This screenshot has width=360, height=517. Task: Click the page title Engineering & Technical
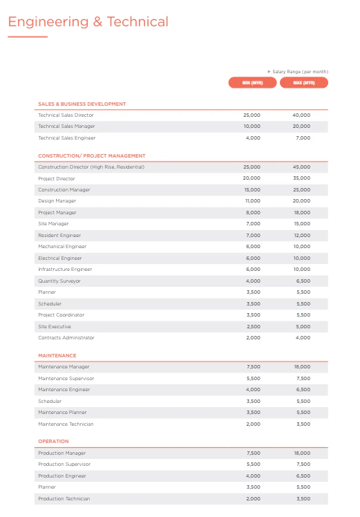[88, 22]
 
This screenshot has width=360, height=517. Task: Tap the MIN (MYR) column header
[252, 83]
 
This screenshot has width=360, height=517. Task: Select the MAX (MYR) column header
[304, 83]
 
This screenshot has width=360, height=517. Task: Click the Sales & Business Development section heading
[82, 104]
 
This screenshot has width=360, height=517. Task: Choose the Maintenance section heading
[57, 356]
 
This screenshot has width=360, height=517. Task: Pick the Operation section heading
[53, 442]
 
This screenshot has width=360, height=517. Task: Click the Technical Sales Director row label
[66, 115]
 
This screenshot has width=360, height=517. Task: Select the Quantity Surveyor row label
[59, 281]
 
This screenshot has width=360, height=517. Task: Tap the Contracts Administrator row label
[66, 338]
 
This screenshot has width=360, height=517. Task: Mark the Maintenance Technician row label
[66, 424]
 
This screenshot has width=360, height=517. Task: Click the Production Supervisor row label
[64, 464]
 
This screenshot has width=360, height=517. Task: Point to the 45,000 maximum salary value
[302, 167]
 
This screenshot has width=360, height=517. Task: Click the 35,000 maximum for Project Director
[302, 179]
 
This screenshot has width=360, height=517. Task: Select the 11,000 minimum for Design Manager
[253, 201]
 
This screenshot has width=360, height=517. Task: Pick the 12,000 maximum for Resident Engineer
[302, 236]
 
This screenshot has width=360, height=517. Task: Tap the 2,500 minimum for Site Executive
[254, 327]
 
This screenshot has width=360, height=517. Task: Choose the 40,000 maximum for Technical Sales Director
[302, 115]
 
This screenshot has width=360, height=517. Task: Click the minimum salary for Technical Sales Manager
[252, 126]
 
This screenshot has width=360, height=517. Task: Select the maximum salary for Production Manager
[302, 453]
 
